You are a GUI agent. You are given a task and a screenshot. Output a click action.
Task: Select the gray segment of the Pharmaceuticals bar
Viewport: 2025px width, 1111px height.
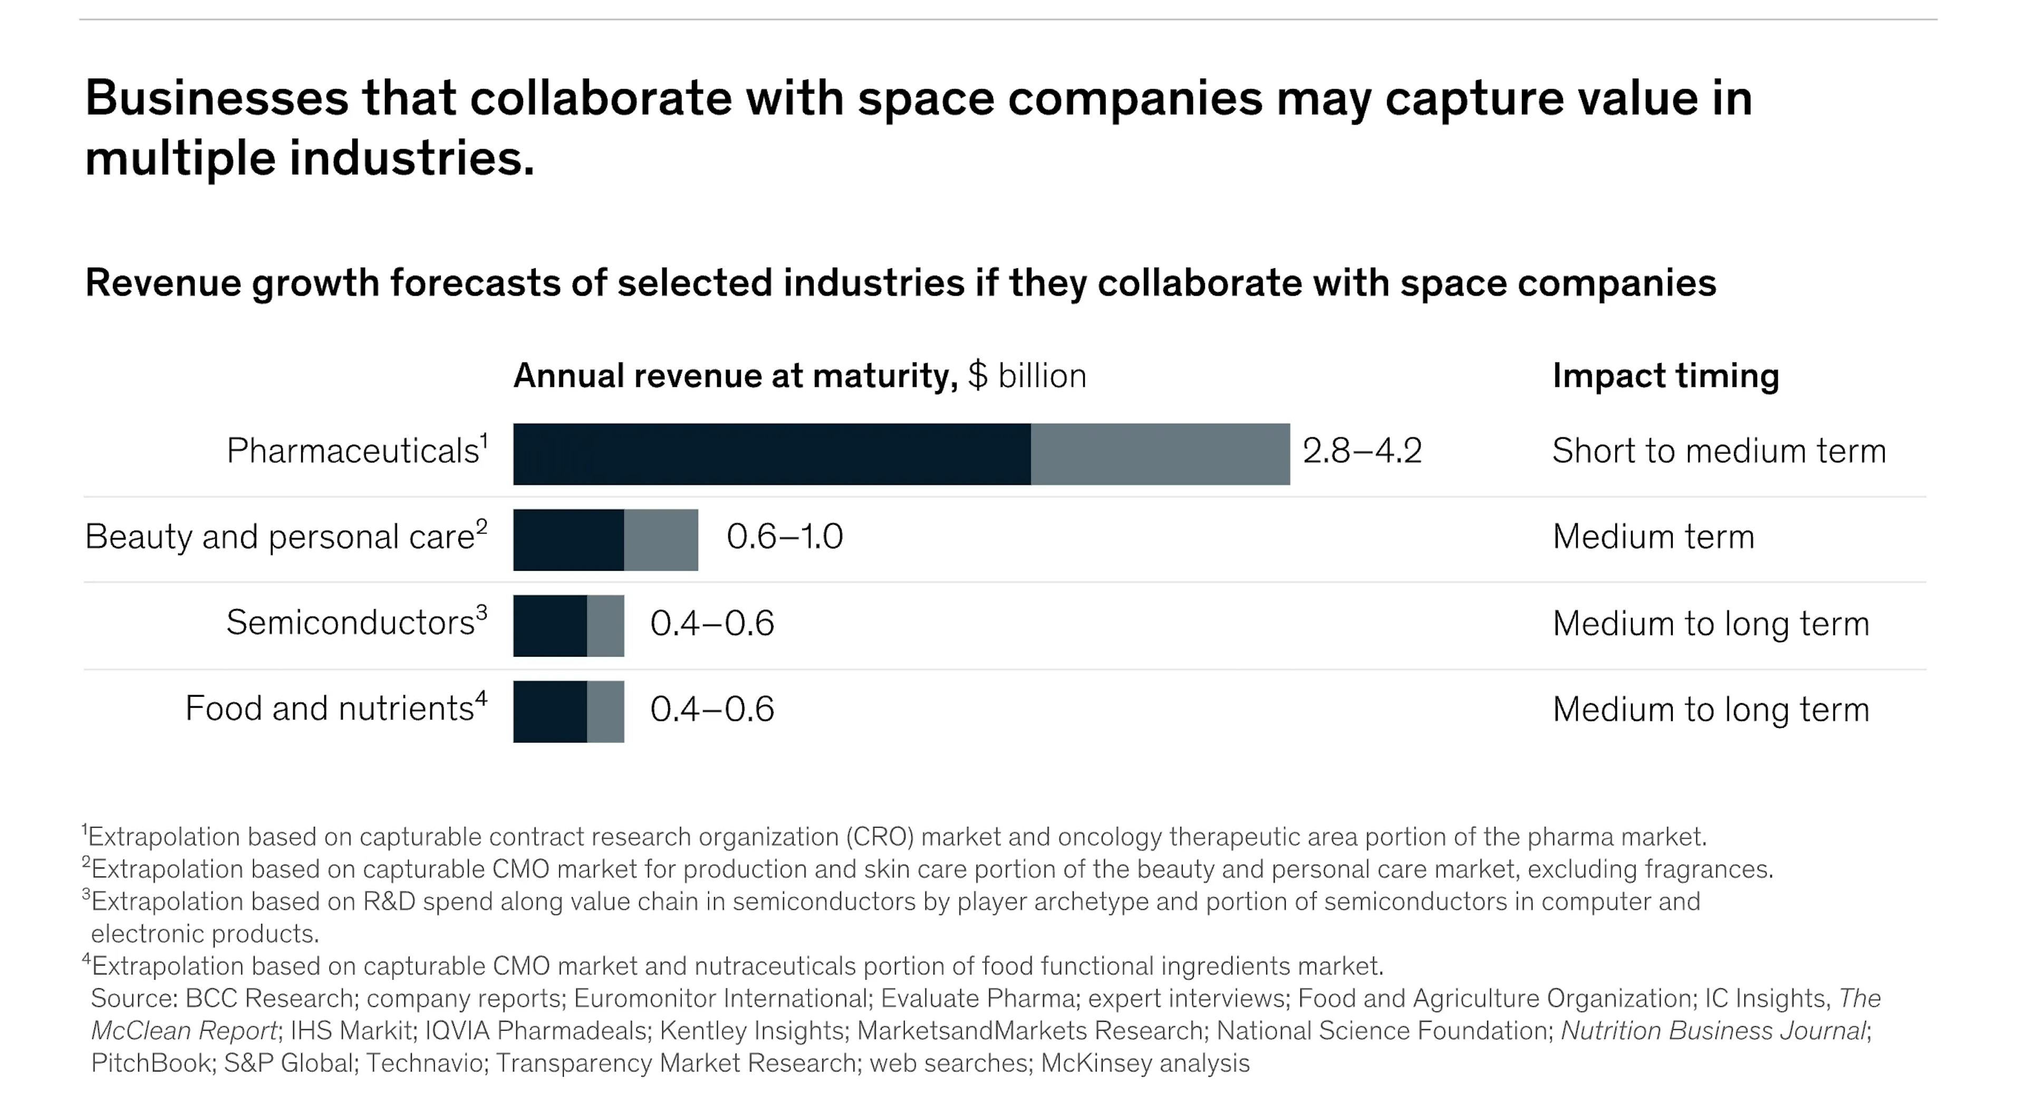pos(1160,454)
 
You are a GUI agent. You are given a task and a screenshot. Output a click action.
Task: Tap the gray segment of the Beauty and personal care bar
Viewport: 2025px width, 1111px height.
pos(660,540)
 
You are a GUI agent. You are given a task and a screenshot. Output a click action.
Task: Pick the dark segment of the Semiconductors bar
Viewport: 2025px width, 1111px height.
pos(549,626)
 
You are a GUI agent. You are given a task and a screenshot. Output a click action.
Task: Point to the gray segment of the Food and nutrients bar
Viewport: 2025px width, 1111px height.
pos(605,711)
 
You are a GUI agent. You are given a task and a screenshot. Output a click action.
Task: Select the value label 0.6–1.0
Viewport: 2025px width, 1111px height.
pos(784,537)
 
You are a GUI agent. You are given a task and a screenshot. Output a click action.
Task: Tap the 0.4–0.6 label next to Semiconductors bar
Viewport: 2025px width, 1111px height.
pos(711,623)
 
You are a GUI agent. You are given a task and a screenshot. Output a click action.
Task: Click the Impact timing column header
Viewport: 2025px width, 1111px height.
pos(1665,376)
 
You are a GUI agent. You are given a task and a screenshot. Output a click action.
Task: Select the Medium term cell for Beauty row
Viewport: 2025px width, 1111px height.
pos(1652,537)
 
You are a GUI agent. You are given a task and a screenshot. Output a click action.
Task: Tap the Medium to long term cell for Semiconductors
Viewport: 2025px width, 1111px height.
pos(1710,623)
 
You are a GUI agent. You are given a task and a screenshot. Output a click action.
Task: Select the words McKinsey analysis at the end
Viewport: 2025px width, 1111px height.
pos(1144,1063)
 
